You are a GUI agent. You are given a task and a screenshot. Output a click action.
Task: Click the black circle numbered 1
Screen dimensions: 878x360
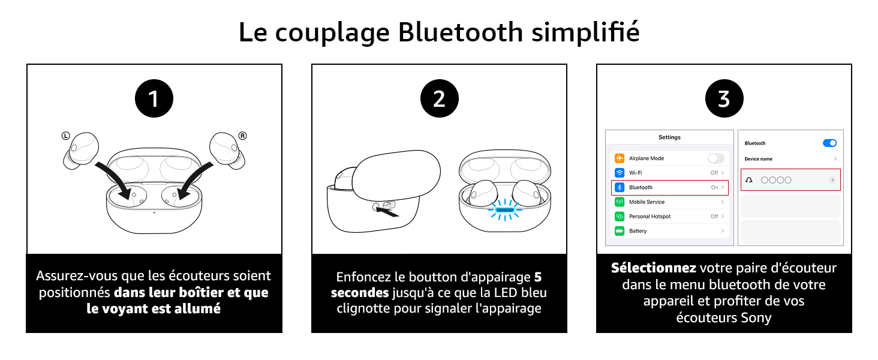(154, 98)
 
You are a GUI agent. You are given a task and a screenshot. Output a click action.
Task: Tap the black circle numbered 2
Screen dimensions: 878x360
(440, 98)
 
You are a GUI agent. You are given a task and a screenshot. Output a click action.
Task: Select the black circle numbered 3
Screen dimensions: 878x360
(724, 98)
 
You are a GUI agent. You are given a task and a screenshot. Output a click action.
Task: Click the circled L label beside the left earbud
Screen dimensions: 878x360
(66, 136)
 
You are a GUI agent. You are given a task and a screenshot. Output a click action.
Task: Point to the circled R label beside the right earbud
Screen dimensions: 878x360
(243, 136)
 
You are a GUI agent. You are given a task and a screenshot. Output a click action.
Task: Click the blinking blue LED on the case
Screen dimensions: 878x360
(505, 210)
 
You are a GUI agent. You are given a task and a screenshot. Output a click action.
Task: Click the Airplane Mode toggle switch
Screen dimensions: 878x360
(716, 158)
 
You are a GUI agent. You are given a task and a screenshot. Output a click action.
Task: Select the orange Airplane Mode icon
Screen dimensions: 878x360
(620, 158)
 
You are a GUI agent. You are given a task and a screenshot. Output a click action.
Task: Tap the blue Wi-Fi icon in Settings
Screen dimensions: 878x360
(620, 173)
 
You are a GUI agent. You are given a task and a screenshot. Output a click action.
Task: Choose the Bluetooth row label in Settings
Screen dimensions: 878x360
(641, 187)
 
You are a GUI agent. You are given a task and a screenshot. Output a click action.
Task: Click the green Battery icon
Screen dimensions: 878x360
(620, 231)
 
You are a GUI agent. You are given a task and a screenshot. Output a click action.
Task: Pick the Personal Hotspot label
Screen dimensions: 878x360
(650, 217)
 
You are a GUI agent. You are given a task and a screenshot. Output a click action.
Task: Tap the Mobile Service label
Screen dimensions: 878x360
(647, 202)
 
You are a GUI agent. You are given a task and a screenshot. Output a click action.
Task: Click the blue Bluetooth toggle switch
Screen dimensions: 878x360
(830, 143)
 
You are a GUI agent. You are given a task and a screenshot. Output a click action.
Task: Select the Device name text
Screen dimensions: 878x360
(759, 159)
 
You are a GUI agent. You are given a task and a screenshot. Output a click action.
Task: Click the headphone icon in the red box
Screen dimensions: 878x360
(749, 180)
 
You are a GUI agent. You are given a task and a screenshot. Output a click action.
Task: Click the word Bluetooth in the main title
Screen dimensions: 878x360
(461, 32)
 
